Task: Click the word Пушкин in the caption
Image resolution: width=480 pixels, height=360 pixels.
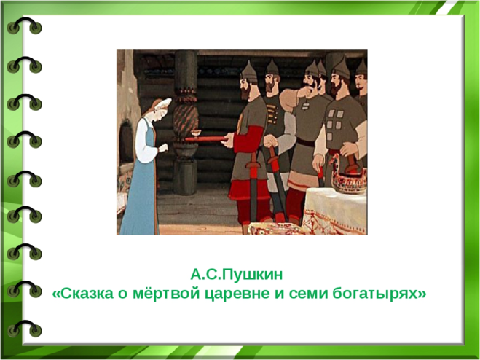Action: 251,275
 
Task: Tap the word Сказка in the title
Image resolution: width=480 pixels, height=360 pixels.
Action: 87,294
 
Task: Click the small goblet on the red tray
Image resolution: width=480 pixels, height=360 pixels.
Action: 196,133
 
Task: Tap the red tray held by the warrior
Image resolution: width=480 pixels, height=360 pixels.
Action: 206,139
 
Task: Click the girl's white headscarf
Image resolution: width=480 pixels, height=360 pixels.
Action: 163,106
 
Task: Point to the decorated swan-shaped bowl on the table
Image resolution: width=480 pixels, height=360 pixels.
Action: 348,176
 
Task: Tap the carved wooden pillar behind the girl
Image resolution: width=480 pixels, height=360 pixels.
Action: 186,122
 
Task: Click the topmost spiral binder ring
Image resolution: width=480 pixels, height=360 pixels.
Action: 25,26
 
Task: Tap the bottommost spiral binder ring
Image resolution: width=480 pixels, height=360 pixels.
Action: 25,329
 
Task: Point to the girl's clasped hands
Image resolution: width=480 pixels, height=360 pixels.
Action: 163,148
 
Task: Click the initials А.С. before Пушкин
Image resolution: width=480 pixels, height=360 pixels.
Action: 205,275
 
